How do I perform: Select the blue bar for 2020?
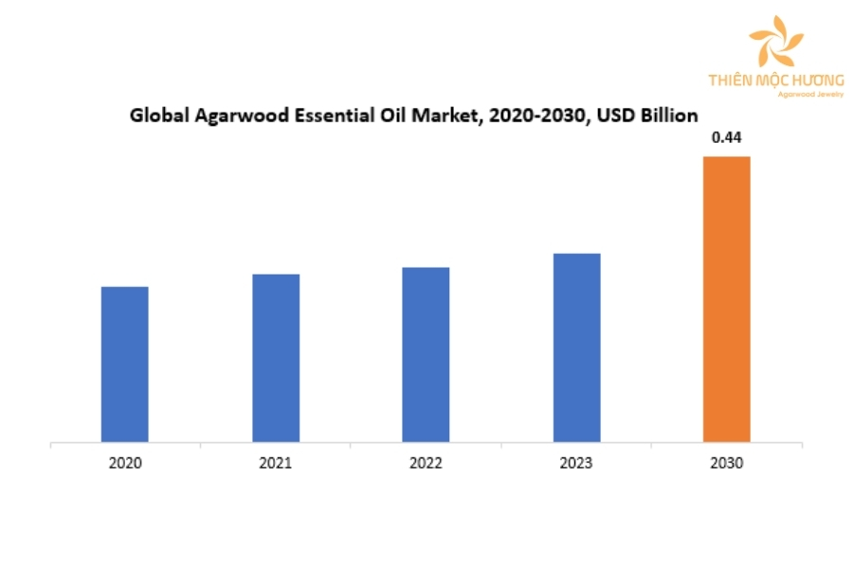point(125,364)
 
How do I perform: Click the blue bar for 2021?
point(276,358)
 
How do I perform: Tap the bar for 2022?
point(426,355)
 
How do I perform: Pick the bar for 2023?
point(576,347)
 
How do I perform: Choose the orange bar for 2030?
point(726,299)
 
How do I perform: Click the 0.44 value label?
point(726,138)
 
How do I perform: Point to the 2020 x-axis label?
point(125,464)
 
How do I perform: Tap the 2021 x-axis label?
point(276,464)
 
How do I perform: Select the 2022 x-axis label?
point(426,464)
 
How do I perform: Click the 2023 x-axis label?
point(576,464)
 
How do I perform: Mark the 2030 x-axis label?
point(726,464)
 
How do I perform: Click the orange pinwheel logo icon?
point(775,44)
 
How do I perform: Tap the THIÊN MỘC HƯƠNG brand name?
point(775,80)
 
